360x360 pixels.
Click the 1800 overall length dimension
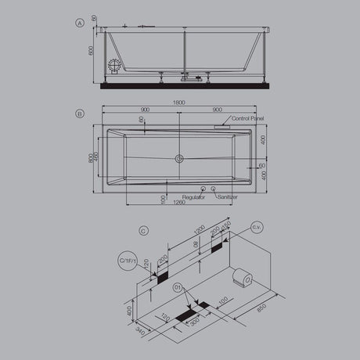pos(179,103)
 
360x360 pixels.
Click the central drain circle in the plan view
pos(180,159)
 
